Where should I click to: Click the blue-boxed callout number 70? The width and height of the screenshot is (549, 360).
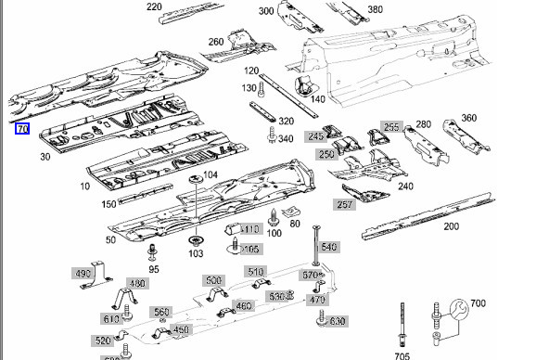[22, 128]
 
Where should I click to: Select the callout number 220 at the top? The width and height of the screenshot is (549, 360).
[154, 7]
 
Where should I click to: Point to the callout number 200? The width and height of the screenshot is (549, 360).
[452, 226]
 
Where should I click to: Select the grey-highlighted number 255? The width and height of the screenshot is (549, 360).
[391, 128]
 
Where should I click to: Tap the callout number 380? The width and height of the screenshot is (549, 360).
[375, 10]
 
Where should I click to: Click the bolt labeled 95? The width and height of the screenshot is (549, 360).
[151, 251]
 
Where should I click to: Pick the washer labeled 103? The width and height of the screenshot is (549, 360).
[196, 238]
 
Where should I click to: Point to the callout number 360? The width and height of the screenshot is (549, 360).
[469, 118]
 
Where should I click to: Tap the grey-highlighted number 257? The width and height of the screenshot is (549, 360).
[346, 204]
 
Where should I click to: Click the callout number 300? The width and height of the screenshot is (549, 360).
[266, 11]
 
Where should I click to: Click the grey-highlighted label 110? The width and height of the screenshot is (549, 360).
[251, 228]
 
